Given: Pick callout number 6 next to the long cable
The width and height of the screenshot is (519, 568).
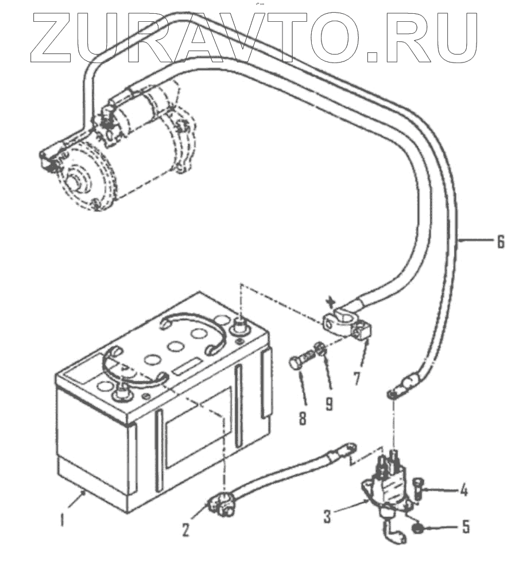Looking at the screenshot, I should [501, 243].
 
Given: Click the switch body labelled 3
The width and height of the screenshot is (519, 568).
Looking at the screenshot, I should [390, 488].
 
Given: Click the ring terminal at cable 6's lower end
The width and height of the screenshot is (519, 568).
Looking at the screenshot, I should [393, 394].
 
